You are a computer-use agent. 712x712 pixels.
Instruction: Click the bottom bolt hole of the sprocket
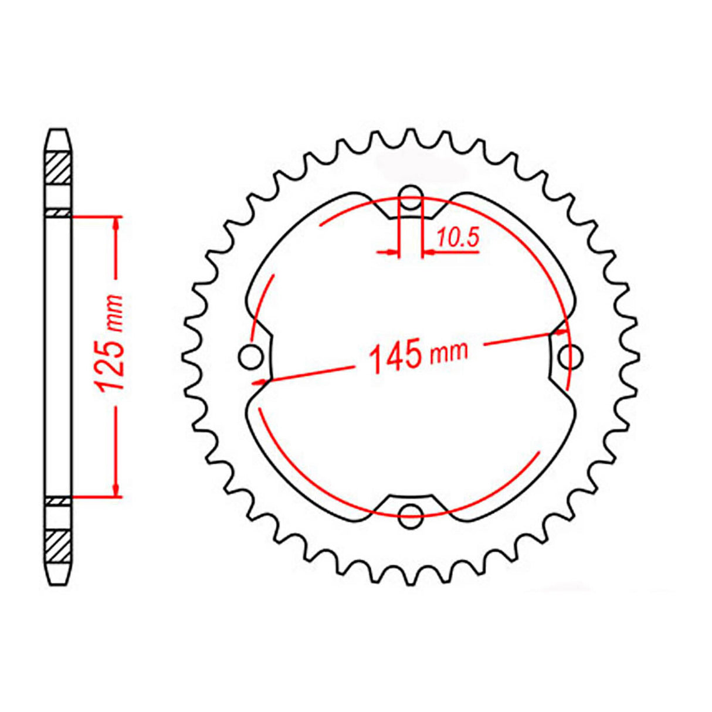click(x=411, y=516)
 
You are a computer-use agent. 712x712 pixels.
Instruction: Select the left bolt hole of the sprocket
click(x=252, y=356)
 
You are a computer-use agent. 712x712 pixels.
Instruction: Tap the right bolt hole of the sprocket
click(x=570, y=356)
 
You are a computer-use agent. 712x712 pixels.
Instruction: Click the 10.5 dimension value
click(x=458, y=238)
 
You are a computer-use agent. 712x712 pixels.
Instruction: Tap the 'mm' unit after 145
click(x=449, y=351)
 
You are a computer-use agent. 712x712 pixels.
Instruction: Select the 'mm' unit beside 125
click(x=114, y=313)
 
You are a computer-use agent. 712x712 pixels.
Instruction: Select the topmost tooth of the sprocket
click(x=411, y=136)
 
